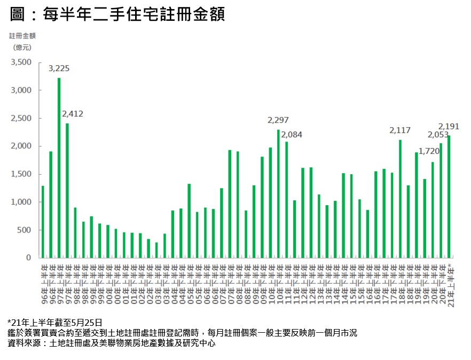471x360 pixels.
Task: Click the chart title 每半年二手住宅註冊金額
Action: click(117, 14)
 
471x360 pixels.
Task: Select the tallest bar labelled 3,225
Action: click(59, 168)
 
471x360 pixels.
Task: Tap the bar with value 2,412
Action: click(67, 190)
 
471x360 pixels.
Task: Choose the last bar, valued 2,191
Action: click(449, 197)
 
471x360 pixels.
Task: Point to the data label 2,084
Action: click(291, 134)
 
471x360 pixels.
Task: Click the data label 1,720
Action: click(428, 151)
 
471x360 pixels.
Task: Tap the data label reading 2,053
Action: click(438, 134)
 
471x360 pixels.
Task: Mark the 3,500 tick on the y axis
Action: click(22, 62)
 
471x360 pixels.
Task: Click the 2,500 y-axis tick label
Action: click(22, 118)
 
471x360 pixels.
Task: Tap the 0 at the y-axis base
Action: click(31, 257)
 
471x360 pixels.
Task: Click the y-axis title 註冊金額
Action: click(22, 36)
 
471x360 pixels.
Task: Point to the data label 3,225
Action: click(59, 68)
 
